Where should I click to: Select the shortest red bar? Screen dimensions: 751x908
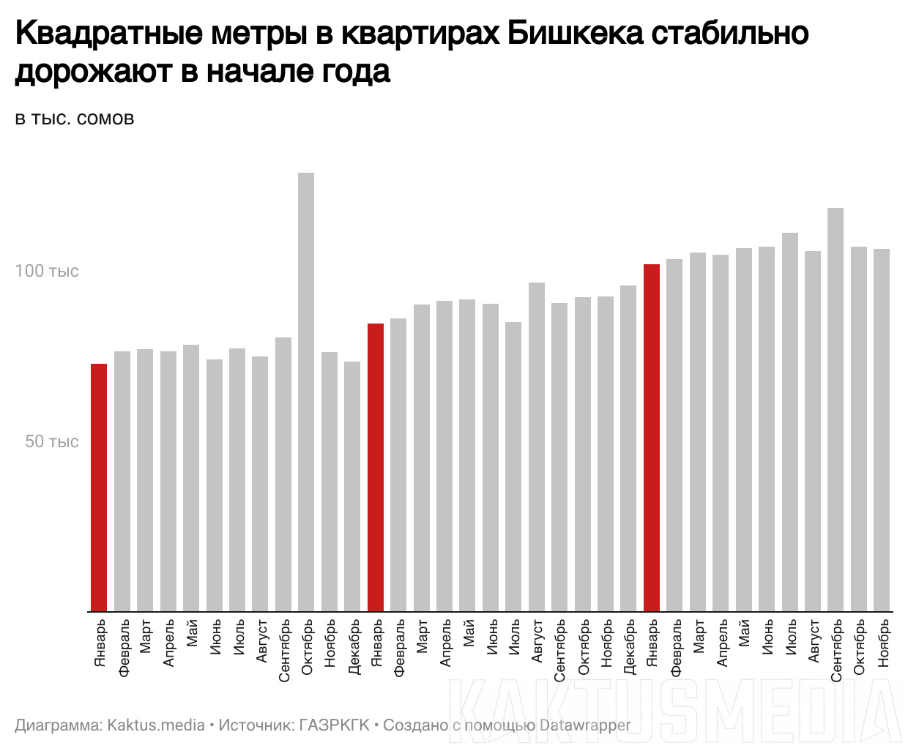[x=99, y=487]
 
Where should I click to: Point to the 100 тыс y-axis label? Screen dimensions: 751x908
[x=47, y=271]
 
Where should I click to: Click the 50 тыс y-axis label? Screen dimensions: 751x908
[x=52, y=441]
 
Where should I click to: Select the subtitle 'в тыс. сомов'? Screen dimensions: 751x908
[x=75, y=119]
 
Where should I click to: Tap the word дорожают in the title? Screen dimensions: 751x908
[x=92, y=71]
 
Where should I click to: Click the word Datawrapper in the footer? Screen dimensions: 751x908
[x=584, y=725]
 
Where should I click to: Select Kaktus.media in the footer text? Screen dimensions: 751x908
[x=156, y=725]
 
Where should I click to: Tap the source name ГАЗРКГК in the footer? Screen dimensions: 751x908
[x=334, y=725]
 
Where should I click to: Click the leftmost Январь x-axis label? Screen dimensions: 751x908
[x=100, y=642]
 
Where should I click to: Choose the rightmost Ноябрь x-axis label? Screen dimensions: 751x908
[x=883, y=642]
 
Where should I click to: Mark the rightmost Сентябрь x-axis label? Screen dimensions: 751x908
[x=837, y=650]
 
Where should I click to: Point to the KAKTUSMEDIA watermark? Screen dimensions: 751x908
[x=674, y=710]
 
